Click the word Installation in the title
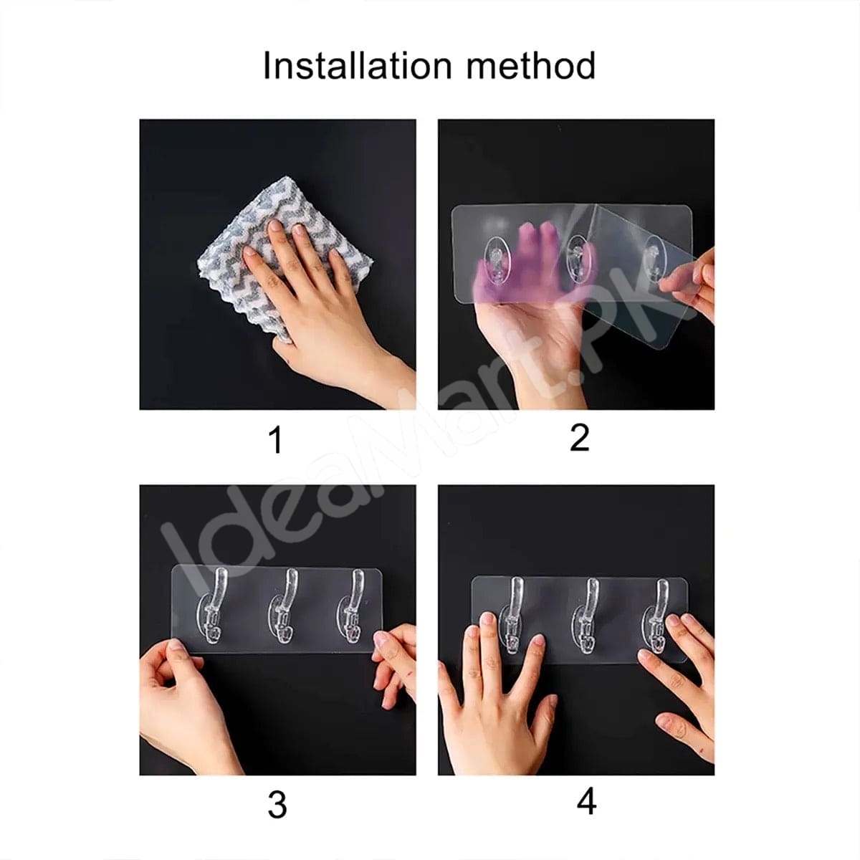358,65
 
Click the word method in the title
530,65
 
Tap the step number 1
277,439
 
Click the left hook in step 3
214,606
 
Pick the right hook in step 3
350,606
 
